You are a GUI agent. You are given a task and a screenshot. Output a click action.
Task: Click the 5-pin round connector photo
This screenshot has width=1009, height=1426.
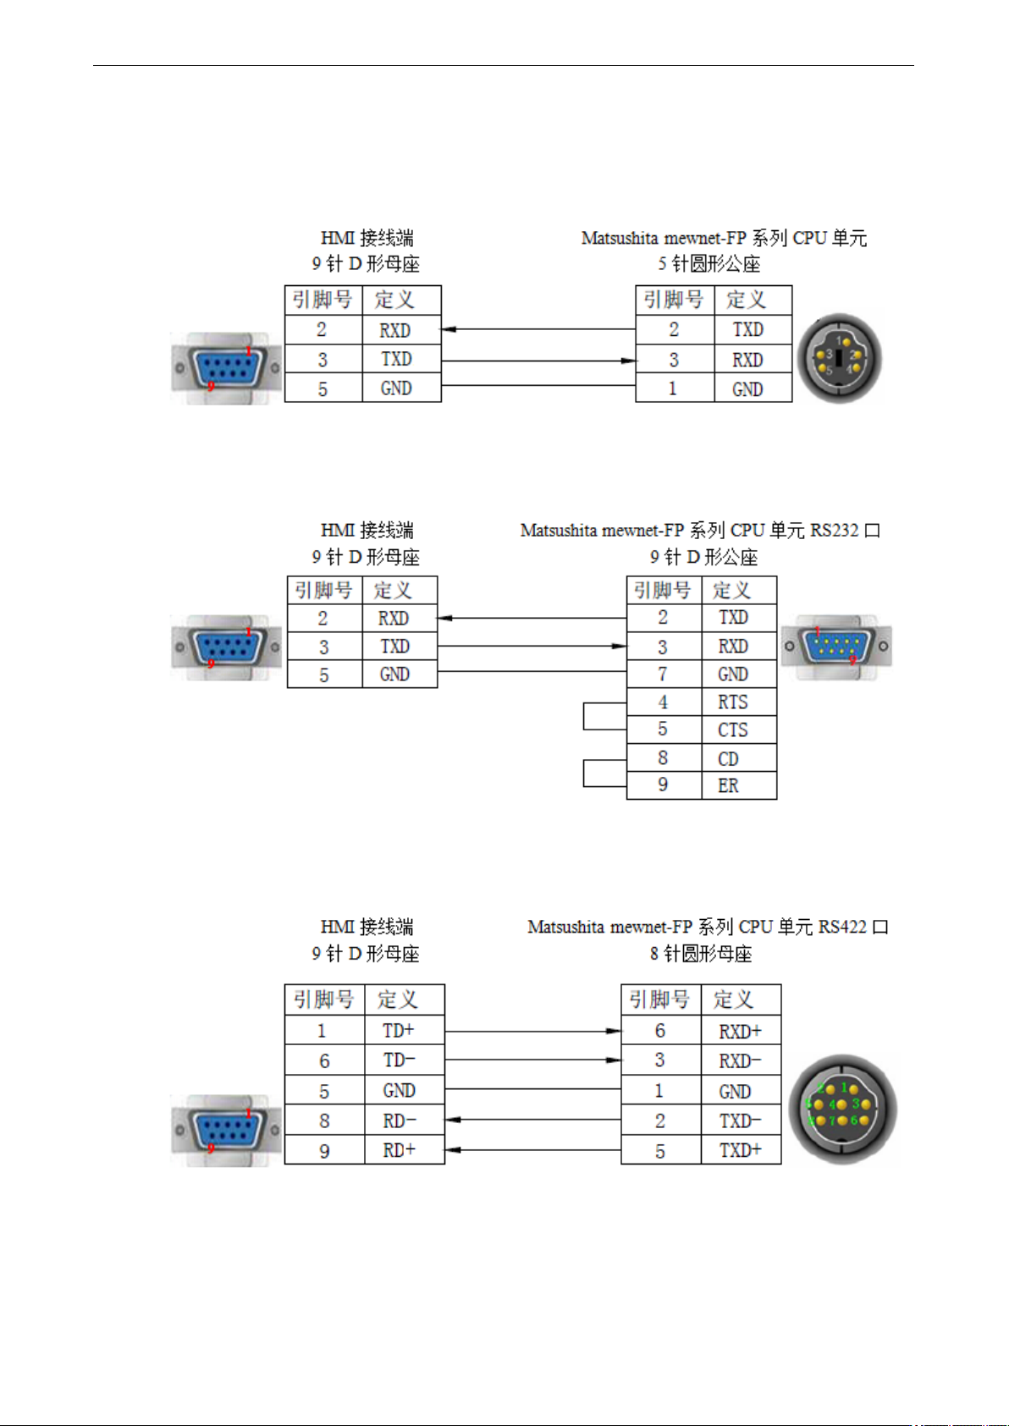pos(840,358)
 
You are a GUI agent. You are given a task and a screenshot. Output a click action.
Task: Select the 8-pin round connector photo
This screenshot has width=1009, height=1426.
pos(842,1109)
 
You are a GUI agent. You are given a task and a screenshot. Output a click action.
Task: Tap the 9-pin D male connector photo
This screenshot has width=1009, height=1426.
pos(836,647)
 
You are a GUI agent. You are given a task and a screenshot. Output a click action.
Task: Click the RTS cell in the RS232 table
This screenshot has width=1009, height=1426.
pos(739,702)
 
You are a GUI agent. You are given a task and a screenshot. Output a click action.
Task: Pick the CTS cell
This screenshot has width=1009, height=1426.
pos(739,730)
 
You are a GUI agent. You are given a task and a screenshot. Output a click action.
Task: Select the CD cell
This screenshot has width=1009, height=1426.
pos(739,758)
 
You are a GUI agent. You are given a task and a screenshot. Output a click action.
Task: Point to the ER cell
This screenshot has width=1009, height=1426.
pos(739,785)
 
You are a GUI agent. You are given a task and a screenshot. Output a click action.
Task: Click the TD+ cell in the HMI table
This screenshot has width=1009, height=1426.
pos(405,1030)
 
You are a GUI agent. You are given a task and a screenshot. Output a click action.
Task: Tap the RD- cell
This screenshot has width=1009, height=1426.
pos(405,1120)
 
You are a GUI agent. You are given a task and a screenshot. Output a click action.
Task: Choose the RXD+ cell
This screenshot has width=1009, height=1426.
pos(741,1031)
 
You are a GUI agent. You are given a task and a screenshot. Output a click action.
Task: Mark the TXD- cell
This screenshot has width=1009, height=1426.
pos(741,1120)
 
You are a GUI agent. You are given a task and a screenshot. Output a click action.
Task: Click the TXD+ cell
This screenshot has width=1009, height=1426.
pos(741,1150)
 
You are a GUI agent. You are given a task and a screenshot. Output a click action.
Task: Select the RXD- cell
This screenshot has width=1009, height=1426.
pos(741,1060)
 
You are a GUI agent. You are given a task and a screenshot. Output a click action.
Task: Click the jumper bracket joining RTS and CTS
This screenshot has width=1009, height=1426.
pos(584,716)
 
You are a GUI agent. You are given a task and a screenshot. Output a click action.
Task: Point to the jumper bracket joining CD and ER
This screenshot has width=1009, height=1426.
pos(584,773)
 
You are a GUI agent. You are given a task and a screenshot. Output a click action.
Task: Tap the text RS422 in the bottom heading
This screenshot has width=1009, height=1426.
pos(842,926)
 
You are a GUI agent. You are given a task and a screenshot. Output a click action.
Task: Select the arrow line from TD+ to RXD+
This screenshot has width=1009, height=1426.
pos(532,1031)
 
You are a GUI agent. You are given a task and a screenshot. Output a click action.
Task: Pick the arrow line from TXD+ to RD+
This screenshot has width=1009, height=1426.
pos(532,1150)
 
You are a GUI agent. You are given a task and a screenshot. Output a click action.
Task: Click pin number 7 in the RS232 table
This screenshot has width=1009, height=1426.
pos(663,674)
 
